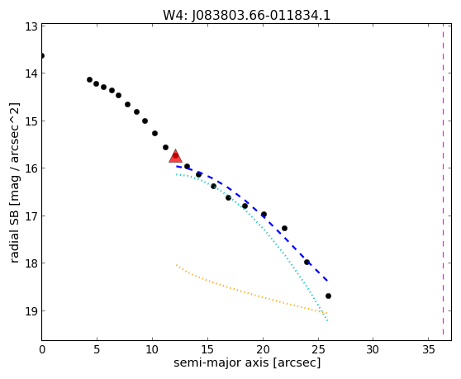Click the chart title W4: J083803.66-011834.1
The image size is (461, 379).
tap(247, 15)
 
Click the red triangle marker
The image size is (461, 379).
tap(175, 156)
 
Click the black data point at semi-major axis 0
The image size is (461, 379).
tap(42, 56)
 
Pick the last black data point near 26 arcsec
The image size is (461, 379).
tap(329, 296)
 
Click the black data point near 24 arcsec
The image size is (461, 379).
tap(307, 262)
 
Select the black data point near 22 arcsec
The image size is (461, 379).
tap(284, 228)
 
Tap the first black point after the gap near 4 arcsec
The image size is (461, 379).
tap(90, 79)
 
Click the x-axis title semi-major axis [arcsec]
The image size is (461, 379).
tap(247, 362)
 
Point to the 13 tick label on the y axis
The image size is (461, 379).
tap(31, 26)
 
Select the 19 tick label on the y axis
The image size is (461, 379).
tap(31, 310)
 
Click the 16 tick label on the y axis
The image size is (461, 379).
tap(31, 168)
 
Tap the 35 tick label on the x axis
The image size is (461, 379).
tap(428, 349)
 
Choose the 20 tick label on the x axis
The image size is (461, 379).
tap(263, 349)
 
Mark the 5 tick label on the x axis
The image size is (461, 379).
tap(97, 349)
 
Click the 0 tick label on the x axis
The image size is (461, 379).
tap(42, 349)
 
